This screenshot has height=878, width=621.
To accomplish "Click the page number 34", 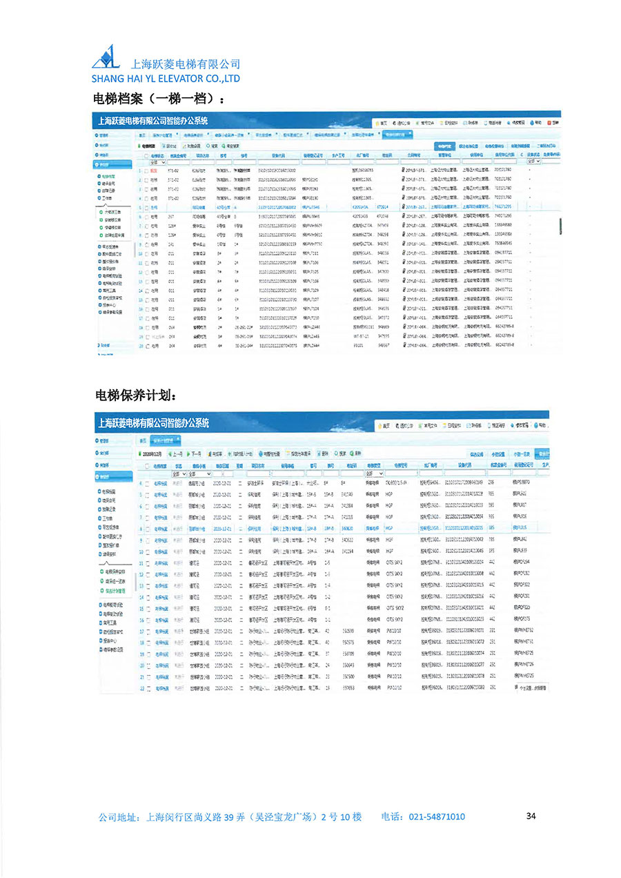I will [x=531, y=816].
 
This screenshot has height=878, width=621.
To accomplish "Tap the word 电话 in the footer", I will [x=392, y=817].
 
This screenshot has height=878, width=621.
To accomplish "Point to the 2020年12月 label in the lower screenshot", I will [x=152, y=453].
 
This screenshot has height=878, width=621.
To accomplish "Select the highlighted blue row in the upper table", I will [x=345, y=206].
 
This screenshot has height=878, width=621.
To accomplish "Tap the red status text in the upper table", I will [x=154, y=170].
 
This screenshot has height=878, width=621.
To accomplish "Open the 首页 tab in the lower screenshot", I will [x=143, y=440].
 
